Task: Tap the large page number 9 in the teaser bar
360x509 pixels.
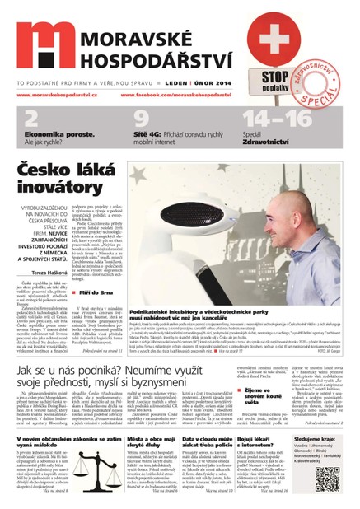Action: (x=141, y=118)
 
